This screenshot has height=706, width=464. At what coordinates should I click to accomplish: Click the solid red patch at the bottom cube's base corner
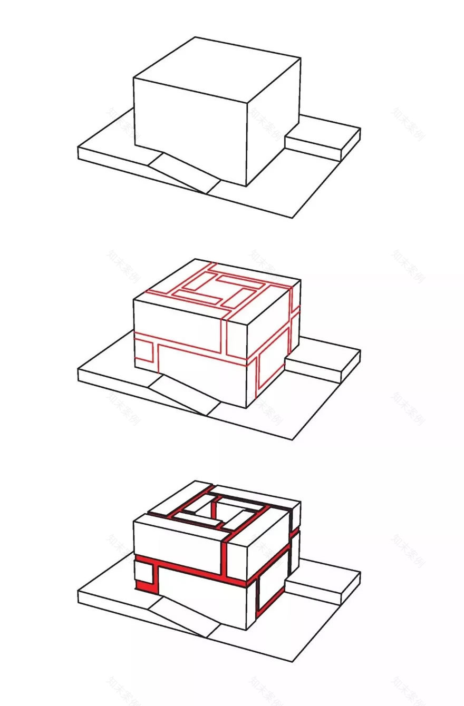tap(143, 585)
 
